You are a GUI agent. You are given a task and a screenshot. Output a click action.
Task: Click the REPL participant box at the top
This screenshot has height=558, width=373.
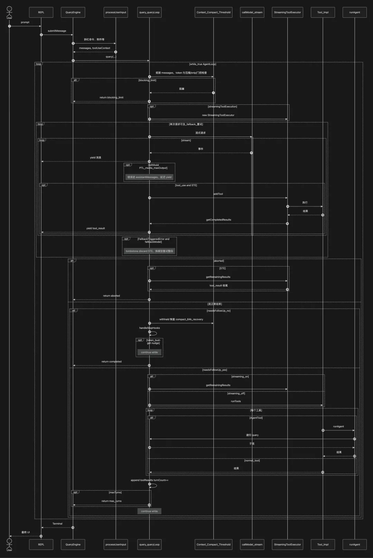pos(41,12)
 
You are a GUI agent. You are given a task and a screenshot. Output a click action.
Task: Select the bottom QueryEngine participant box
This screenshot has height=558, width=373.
pos(73,545)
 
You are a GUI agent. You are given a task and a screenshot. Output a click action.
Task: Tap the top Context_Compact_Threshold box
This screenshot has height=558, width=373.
pos(213,12)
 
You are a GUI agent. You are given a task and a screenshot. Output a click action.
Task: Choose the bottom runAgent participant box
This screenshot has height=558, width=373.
pos(354,545)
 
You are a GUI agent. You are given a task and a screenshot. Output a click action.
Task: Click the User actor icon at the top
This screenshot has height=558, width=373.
pos(9,11)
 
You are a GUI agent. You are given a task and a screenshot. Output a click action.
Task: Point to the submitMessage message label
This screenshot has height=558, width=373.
pos(57,31)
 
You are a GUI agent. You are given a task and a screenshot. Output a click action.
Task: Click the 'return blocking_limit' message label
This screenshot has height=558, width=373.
pos(111,97)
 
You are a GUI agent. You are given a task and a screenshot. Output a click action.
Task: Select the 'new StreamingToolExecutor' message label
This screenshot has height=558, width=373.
pos(218,115)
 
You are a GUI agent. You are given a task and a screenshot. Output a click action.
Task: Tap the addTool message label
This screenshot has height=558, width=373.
pos(218,194)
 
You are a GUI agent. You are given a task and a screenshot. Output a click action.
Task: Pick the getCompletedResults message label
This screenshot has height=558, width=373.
pos(219,220)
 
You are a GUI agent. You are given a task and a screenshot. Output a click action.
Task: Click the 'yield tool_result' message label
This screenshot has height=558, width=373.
pos(95,229)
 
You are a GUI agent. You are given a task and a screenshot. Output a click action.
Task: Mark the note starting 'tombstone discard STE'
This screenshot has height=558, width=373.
pos(149,251)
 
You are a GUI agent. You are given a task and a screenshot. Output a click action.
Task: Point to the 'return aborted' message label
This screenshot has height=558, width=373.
pos(111,296)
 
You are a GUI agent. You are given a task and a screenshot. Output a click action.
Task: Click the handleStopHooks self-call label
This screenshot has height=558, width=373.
pos(150,328)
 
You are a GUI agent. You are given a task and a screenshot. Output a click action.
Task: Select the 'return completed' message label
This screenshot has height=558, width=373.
pos(111,362)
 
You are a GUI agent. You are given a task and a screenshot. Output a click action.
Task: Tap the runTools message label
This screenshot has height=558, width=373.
pos(236,401)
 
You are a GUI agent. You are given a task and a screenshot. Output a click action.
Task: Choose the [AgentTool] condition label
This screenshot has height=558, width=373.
pos(256,418)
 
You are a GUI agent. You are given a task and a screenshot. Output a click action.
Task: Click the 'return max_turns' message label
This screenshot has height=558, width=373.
pos(111,501)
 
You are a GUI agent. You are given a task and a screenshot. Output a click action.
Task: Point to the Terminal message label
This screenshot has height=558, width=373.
pos(57,524)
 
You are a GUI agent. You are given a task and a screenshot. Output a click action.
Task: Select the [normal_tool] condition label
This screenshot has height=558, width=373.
pos(252,461)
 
